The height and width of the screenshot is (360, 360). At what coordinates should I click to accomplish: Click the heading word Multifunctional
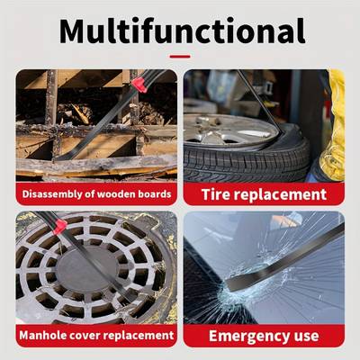pos(182,31)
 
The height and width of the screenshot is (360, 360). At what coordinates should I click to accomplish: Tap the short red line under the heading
pos(180,57)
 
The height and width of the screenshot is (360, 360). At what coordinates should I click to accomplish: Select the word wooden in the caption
pos(117,194)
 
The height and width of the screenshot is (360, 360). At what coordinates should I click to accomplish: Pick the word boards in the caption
pos(155,194)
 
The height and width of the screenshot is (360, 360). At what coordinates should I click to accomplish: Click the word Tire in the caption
pos(216,194)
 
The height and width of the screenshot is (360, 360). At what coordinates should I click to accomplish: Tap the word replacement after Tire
pos(280,194)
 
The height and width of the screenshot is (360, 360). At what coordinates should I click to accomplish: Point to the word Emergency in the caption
pos(247,336)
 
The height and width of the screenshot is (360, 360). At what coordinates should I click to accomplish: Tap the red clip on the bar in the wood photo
pos(139,85)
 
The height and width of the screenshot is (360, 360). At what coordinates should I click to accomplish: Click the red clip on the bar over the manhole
pos(60,226)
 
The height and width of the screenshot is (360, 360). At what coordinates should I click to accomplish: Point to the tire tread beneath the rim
pos(246,164)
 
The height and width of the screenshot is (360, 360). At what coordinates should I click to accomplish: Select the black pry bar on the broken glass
pos(285,257)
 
